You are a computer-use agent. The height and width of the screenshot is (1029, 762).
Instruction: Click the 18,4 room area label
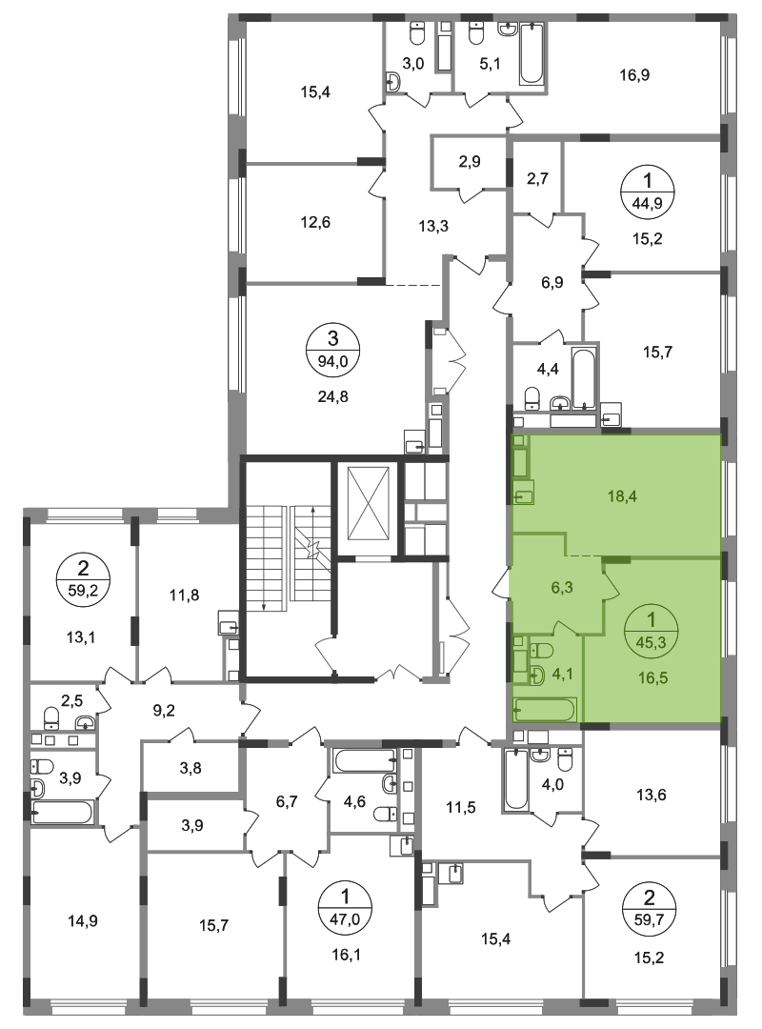621,496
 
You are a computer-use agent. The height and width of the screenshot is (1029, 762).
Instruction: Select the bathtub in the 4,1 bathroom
543,709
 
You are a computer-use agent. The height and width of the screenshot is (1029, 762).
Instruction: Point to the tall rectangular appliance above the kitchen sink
520,463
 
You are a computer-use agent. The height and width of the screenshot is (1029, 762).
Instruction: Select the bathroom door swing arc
564,628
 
